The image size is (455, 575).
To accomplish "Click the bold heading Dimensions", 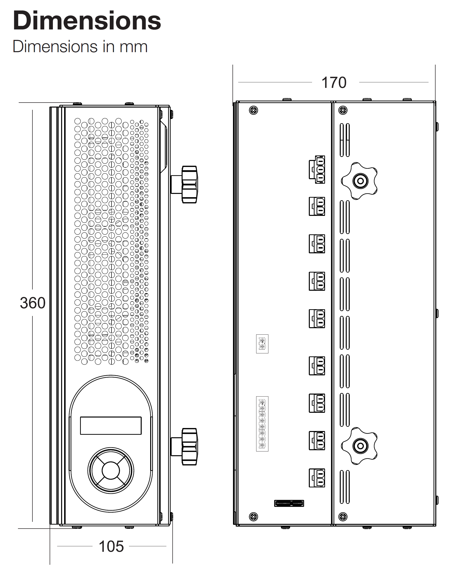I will point(87,21).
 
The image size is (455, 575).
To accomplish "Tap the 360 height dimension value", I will point(32,303).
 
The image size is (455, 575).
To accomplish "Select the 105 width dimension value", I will point(111,546).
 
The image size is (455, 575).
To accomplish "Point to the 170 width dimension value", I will point(334,83).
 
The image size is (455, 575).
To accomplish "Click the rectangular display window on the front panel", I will point(111,426).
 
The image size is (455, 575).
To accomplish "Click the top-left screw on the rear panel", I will point(253,110).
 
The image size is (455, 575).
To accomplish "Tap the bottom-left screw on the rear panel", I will point(253,517).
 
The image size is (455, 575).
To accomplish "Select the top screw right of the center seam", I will point(343,110).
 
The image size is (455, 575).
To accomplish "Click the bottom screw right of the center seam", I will point(343,517).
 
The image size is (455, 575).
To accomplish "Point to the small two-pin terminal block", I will point(262,344).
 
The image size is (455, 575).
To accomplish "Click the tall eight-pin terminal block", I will point(262,424).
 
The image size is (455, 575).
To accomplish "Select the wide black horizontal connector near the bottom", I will point(289,503).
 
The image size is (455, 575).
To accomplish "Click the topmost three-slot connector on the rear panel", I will point(317,169).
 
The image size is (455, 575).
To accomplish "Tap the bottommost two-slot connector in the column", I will point(317,478).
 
